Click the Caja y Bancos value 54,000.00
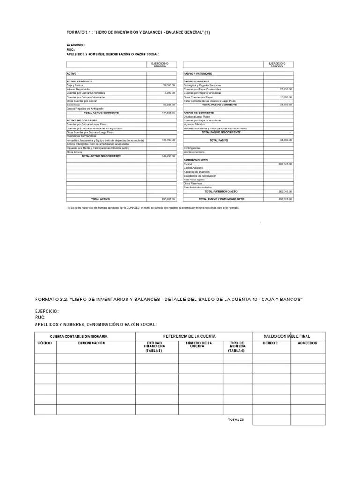pos(169,85)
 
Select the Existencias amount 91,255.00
pos(169,105)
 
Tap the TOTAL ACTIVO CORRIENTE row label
pos(101,113)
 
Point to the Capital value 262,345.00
pos(285,164)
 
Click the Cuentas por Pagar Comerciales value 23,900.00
pos(286,89)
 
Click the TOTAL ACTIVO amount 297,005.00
pos(168,199)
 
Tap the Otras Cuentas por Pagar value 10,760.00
pos(286,97)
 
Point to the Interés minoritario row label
pos(194,152)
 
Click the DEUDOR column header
pos(270,343)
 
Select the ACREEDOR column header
pos(307,343)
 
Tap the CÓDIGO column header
pos(45,343)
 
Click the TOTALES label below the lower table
pos(236,420)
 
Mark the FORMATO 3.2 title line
pos(169,299)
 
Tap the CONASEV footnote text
pos(152,207)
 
